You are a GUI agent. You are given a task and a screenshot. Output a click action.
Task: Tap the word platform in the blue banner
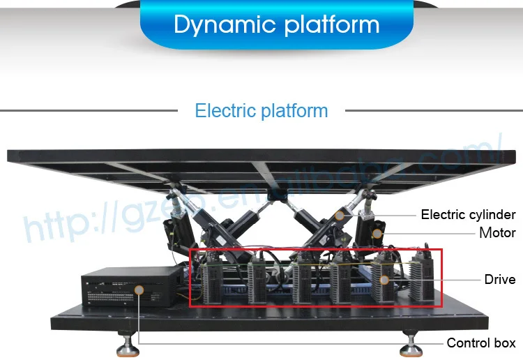pyautogui.click(x=327, y=25)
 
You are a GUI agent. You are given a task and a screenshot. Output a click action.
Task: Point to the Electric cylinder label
pyautogui.click(x=468, y=215)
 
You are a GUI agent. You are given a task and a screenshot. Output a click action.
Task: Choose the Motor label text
pyautogui.click(x=497, y=233)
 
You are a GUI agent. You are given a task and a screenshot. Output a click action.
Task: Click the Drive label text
pyautogui.click(x=500, y=280)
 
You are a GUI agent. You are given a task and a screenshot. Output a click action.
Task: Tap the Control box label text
pyautogui.click(x=481, y=343)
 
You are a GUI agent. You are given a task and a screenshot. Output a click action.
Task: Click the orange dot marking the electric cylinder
pyautogui.click(x=340, y=216)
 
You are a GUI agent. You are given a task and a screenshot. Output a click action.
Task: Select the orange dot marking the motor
pyautogui.click(x=377, y=232)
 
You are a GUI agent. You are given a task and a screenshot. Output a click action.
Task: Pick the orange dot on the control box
pyautogui.click(x=139, y=288)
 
